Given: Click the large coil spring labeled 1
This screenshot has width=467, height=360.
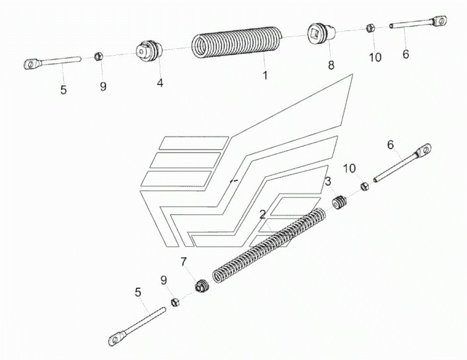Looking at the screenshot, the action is point(236,42).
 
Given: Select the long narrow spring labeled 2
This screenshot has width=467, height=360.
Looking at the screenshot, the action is point(269,245).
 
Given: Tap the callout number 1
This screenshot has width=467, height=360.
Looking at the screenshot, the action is point(265,75).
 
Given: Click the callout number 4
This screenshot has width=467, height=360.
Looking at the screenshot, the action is point(160,83).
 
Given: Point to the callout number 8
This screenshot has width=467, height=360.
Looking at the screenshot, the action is point(331,65).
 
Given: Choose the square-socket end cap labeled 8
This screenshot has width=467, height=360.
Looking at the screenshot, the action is point(321,32).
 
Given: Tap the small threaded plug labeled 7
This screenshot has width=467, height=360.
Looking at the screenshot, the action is point(202,286).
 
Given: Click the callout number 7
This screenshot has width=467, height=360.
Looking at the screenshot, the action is point(183,262).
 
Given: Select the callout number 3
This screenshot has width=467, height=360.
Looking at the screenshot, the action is point(328,181).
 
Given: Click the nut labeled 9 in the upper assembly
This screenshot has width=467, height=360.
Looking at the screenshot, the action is point(98,56).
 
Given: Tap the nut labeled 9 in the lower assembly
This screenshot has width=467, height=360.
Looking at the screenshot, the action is point(175,302).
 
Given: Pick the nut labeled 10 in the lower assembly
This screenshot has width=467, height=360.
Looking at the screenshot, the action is point(365,187).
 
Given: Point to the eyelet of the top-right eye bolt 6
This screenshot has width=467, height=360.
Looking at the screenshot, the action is point(439,21).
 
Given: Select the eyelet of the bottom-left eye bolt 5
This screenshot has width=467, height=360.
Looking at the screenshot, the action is point(115,339).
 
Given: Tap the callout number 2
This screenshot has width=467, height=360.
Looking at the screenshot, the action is point(262,214).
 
